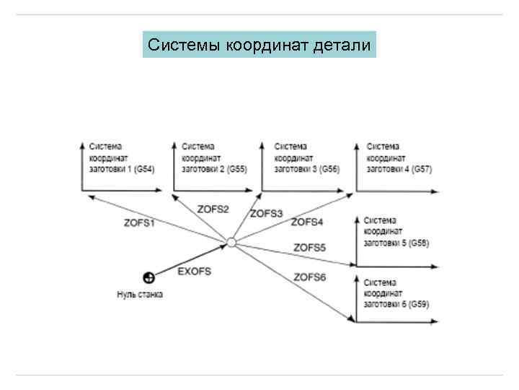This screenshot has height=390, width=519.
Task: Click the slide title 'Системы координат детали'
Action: [x=259, y=45]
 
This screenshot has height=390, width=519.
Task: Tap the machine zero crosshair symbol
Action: [x=148, y=277]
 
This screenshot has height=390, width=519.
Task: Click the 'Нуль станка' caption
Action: [x=140, y=294]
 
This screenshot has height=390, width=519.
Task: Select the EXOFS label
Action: [x=195, y=271]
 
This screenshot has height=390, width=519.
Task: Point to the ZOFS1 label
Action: [x=139, y=223]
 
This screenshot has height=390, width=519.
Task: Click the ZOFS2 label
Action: [x=213, y=209]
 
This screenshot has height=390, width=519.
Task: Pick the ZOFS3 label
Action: [x=266, y=213]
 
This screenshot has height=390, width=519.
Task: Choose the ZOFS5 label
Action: [x=310, y=248]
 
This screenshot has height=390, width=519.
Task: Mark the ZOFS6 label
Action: [x=310, y=277]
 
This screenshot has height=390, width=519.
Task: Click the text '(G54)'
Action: [x=143, y=169]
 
